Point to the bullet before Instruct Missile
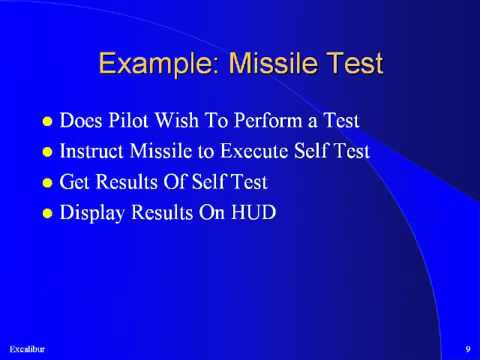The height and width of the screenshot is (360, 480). pyautogui.click(x=46, y=153)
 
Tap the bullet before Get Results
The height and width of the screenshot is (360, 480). pyautogui.click(x=46, y=183)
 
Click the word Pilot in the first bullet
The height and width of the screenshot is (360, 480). pyautogui.click(x=131, y=123)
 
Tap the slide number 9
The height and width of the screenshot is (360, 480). pyautogui.click(x=467, y=347)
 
